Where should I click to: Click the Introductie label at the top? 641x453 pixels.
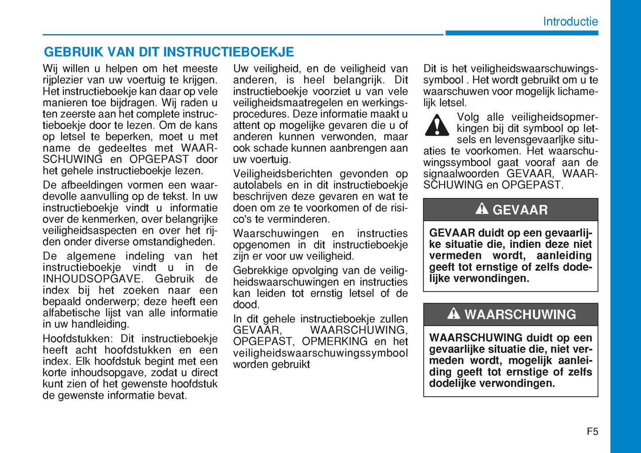(x=570, y=21)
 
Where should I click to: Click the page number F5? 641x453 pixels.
(x=592, y=431)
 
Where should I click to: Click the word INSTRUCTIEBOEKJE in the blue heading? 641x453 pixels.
(x=229, y=52)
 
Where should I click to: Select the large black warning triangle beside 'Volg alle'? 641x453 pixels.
(x=437, y=125)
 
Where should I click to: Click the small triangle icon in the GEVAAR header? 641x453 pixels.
(x=481, y=208)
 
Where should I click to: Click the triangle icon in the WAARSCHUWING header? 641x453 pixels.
(x=453, y=313)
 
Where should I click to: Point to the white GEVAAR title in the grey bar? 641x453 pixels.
(x=520, y=210)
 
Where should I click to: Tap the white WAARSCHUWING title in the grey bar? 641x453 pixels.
(x=520, y=314)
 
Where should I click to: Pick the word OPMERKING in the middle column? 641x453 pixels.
(x=334, y=341)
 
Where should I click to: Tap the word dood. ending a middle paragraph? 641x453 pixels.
(x=246, y=305)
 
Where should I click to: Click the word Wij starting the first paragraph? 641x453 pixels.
(x=50, y=69)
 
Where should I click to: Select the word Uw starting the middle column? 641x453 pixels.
(x=240, y=69)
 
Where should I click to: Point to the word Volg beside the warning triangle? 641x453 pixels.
(x=468, y=117)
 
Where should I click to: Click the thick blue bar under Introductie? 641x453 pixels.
(x=522, y=33)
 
